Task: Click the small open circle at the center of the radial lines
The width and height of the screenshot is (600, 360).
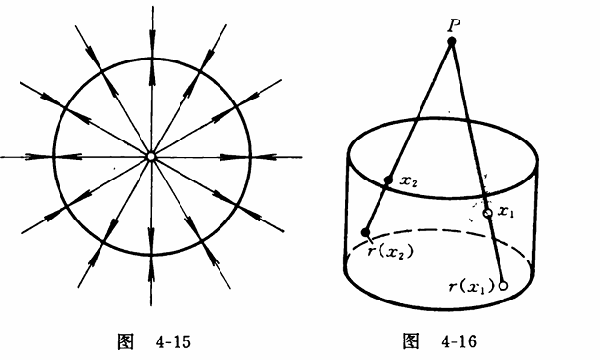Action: (151, 157)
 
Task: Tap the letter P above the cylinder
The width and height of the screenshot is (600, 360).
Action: (454, 25)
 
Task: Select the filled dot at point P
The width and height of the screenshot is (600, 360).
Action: (452, 41)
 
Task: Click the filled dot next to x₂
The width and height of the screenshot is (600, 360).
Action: (388, 180)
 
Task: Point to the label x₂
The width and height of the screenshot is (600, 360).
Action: (408, 180)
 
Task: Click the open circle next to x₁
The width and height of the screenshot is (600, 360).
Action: (488, 213)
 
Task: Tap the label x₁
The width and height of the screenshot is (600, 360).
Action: (506, 212)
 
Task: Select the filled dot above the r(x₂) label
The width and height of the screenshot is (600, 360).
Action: (365, 232)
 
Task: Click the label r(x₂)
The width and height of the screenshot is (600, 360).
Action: (390, 252)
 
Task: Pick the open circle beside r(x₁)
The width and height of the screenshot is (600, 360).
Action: (503, 286)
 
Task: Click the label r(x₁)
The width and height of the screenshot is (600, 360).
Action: (472, 286)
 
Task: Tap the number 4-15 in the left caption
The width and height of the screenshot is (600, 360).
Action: (173, 341)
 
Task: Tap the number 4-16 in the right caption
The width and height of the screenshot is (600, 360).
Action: (459, 340)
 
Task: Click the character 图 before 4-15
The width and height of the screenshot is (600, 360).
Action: (125, 341)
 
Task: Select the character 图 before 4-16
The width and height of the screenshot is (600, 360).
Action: (411, 340)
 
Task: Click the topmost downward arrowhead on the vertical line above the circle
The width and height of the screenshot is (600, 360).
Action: (152, 38)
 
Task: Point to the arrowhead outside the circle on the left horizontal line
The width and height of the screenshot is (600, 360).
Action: (34, 157)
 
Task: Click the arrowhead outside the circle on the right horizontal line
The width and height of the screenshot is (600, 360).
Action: (267, 157)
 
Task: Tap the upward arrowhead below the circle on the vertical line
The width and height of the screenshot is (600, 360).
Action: (151, 272)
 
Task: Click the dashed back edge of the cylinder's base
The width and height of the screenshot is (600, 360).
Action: (440, 231)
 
